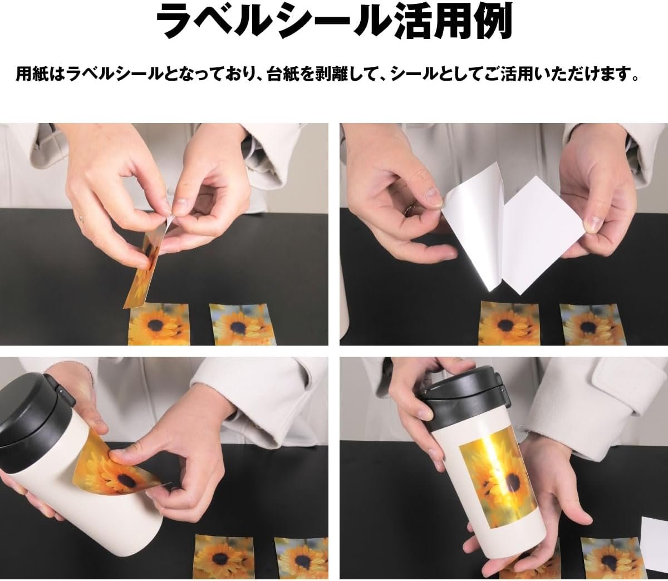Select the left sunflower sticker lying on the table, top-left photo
click(x=159, y=323)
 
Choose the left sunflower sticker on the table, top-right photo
click(x=510, y=324)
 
